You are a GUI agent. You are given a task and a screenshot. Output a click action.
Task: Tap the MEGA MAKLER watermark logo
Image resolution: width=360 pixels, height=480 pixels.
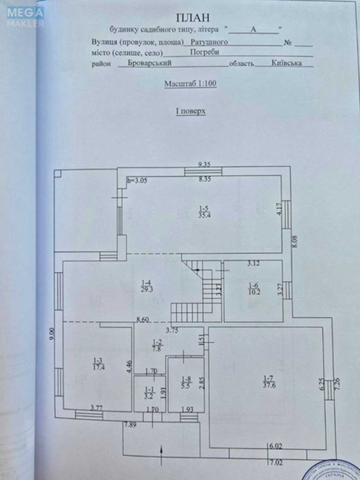tap(23, 17)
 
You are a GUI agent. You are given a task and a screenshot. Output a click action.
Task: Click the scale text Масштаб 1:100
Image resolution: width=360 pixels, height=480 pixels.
tap(190, 85)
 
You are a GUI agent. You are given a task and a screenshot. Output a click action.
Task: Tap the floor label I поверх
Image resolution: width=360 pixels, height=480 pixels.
tap(190, 110)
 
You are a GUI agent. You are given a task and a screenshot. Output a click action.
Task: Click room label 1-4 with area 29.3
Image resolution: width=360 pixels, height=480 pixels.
tap(146, 286)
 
